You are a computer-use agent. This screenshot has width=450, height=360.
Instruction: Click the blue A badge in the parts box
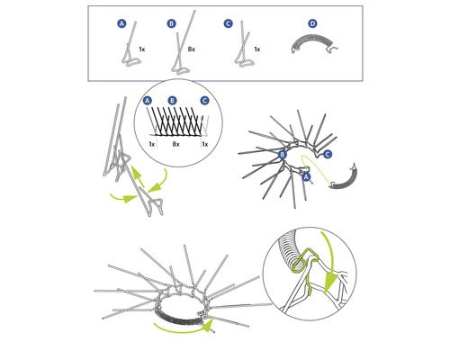121,23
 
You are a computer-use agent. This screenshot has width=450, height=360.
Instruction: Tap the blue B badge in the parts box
172,23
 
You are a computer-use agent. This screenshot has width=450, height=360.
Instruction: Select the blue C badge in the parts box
228,23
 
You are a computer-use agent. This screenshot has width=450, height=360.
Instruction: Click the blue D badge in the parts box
312,23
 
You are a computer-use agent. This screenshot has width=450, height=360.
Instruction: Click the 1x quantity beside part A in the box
142,48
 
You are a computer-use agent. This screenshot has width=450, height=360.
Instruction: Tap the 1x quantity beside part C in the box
257,48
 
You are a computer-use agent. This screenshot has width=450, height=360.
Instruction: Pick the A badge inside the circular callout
148,100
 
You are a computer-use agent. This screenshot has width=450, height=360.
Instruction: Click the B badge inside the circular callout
173,100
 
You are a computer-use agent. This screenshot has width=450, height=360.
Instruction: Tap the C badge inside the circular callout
204,100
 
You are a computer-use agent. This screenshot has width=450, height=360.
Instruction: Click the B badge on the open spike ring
282,155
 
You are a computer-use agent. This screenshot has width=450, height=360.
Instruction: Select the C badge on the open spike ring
327,155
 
